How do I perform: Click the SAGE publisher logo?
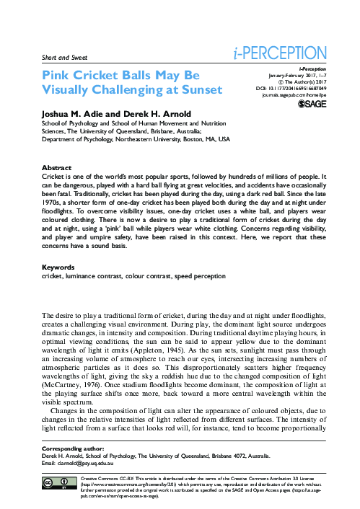click(314, 105)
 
